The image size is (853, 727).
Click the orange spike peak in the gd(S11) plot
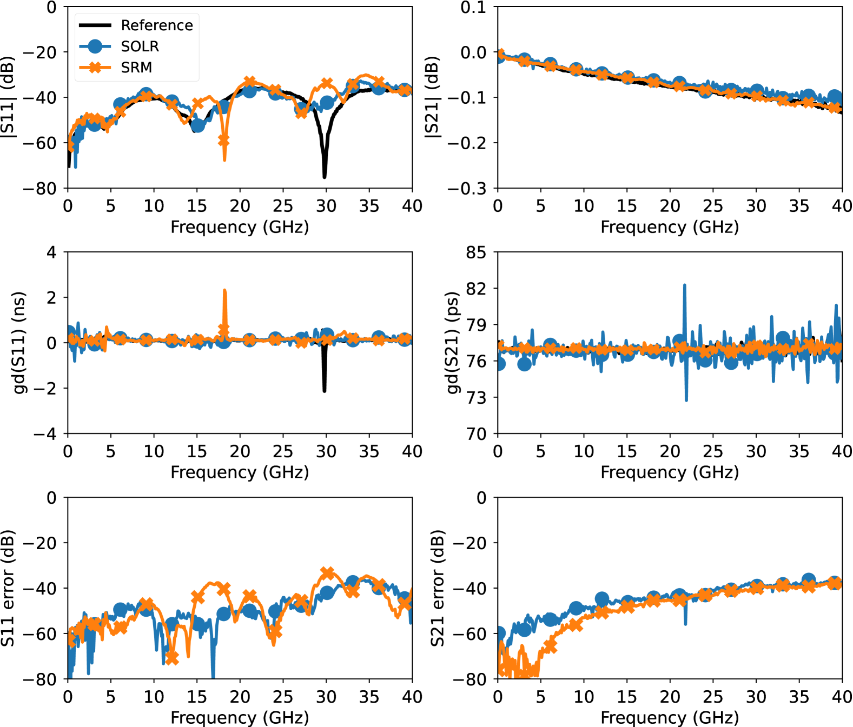coord(224,291)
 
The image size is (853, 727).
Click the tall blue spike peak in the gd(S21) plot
coord(685,285)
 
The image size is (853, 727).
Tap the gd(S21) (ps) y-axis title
coord(452,343)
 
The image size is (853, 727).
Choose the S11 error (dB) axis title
coord(8,588)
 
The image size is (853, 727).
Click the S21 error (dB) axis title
coord(437,588)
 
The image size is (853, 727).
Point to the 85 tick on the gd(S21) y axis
coord(476,252)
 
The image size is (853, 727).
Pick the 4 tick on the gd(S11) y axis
coord(51,252)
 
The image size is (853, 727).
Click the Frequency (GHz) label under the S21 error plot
coord(670,717)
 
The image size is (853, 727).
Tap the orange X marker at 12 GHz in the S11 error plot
coord(171,658)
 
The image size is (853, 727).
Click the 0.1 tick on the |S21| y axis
coord(473,8)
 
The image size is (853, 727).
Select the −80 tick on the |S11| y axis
coord(39,188)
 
